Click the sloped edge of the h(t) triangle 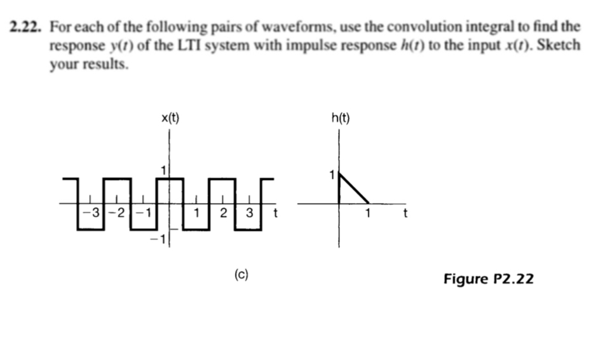(x=355, y=189)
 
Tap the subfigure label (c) (x=241, y=274)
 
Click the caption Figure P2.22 (x=488, y=278)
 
